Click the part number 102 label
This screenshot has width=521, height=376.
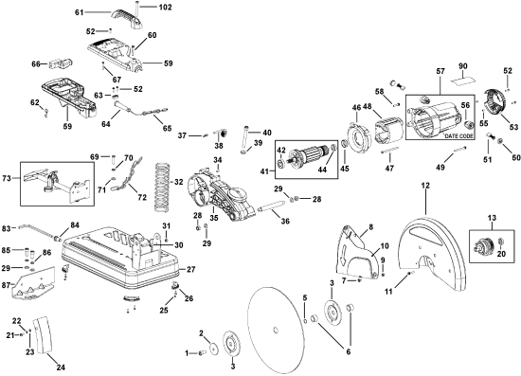pyautogui.click(x=165, y=7)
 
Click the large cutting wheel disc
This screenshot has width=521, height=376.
pyautogui.click(x=276, y=331)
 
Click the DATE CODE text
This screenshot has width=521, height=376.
pyautogui.click(x=458, y=136)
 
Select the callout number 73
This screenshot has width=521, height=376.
pyautogui.click(x=7, y=178)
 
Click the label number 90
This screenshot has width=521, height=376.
pyautogui.click(x=463, y=66)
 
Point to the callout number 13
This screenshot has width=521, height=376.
pyautogui.click(x=492, y=218)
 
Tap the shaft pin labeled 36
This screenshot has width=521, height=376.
pyautogui.click(x=271, y=210)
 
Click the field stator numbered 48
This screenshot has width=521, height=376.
pyautogui.click(x=388, y=131)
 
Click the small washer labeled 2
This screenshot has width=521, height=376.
pyautogui.click(x=212, y=349)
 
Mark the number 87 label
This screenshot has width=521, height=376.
pyautogui.click(x=7, y=284)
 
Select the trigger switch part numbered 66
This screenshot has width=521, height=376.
pyautogui.click(x=62, y=63)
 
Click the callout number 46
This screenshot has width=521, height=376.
pyautogui.click(x=356, y=107)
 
